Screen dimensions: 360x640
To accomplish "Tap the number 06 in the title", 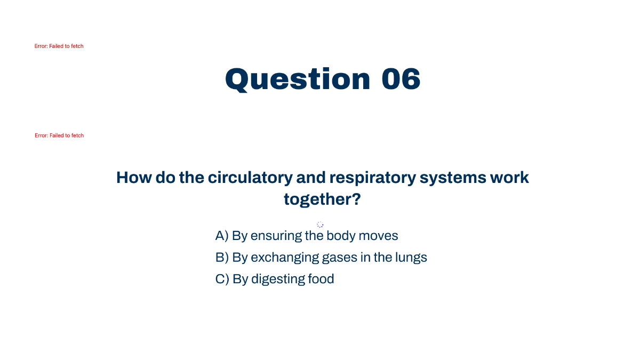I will [x=401, y=79].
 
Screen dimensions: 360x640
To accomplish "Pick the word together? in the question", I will [x=322, y=199].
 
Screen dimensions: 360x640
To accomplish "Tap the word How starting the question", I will [x=134, y=178].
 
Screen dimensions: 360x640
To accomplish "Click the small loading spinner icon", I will [x=320, y=225].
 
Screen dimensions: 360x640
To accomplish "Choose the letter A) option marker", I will [x=222, y=236].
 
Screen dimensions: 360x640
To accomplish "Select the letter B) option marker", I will [x=222, y=258].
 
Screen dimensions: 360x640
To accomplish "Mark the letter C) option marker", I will [x=222, y=279].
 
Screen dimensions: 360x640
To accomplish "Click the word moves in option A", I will [x=378, y=236].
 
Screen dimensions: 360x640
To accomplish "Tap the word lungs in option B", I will [x=411, y=258].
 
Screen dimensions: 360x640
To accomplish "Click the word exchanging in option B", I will [x=285, y=258].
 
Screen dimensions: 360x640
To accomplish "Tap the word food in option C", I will [x=321, y=279].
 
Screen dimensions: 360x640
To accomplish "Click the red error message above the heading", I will [x=59, y=46].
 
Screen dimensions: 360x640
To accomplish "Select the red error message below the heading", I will [x=59, y=135].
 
